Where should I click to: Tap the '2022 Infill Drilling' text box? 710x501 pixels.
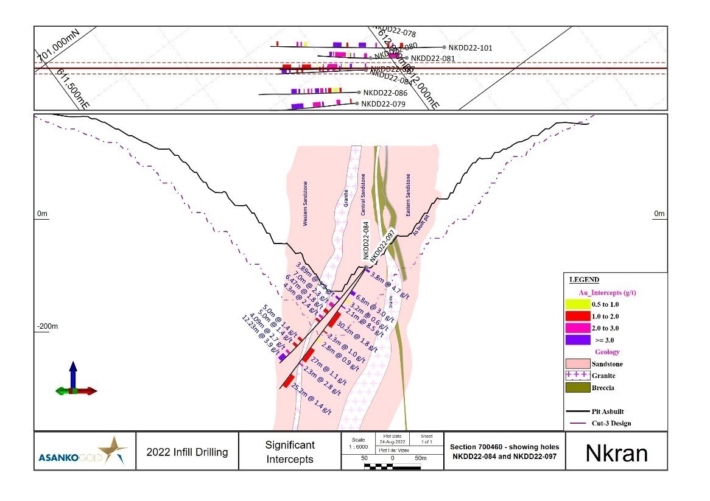click(x=187, y=452)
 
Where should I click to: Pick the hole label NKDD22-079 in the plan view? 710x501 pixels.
click(x=383, y=104)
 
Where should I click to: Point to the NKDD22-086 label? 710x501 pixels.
click(x=385, y=93)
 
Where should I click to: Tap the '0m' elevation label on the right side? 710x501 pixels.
click(x=659, y=214)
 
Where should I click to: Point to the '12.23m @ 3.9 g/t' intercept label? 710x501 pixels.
click(x=263, y=334)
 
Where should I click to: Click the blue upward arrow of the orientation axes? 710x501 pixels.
click(x=73, y=372)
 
